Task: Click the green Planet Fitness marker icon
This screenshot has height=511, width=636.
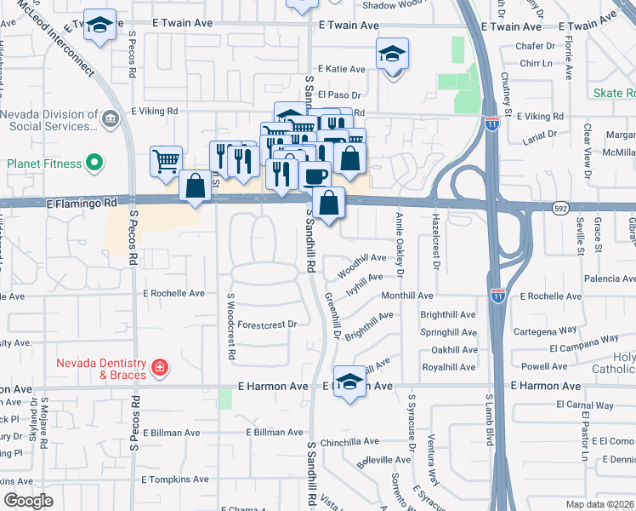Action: pyautogui.click(x=94, y=162)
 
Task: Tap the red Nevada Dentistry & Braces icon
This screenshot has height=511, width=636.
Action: pyautogui.click(x=159, y=368)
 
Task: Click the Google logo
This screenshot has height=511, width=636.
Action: pyautogui.click(x=28, y=501)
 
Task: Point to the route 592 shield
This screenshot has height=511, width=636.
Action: pyautogui.click(x=560, y=209)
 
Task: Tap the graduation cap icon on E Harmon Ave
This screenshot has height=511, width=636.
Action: pyautogui.click(x=349, y=382)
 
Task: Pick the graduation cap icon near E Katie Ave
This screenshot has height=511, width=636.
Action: pyautogui.click(x=392, y=54)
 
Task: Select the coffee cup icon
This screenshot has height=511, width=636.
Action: pyautogui.click(x=315, y=175)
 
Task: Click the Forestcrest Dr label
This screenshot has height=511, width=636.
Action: pyautogui.click(x=267, y=324)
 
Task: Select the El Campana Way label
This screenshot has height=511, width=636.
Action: pyautogui.click(x=584, y=347)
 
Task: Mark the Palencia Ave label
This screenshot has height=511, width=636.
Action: pyautogui.click(x=610, y=278)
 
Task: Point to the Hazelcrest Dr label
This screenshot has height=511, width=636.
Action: pyautogui.click(x=434, y=242)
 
